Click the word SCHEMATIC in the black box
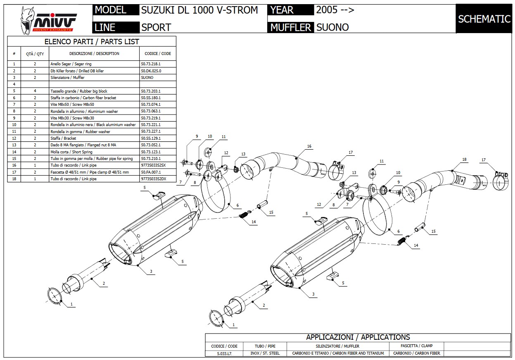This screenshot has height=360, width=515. [484, 19]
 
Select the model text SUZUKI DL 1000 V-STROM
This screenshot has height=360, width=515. [199, 10]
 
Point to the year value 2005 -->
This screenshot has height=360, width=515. [335, 10]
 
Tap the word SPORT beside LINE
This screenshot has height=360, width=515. [156, 27]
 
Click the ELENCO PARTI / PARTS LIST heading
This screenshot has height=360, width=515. [92, 41]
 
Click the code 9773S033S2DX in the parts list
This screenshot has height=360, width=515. [153, 179]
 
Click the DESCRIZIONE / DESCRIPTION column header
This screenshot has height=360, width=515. [94, 54]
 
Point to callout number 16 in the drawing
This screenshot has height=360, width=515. [309, 146]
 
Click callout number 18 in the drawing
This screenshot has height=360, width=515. [464, 160]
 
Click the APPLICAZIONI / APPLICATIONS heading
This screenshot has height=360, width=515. [358, 337]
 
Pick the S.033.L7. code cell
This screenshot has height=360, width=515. [224, 353]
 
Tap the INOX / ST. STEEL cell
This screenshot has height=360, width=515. [265, 353]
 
